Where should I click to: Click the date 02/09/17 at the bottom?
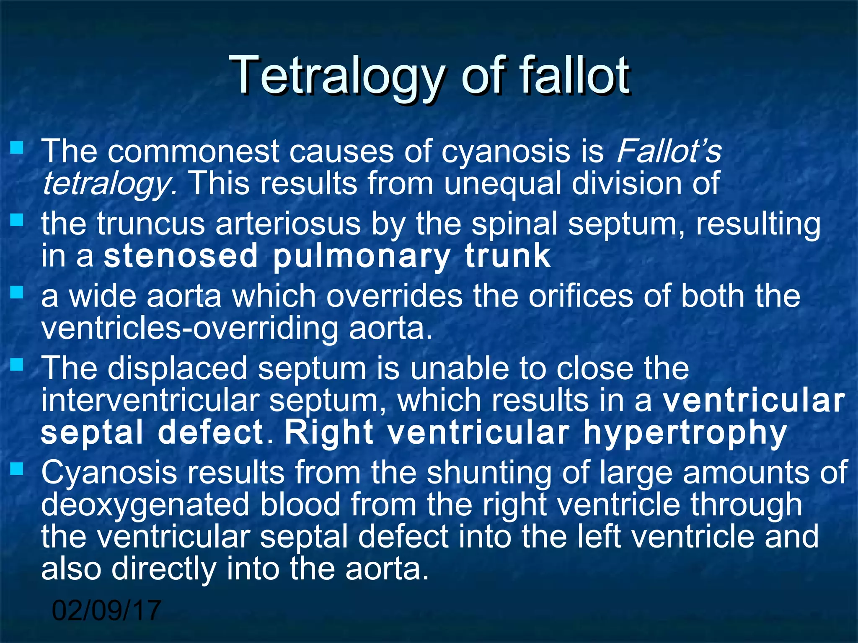[106, 610]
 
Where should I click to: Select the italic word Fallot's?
[669, 151]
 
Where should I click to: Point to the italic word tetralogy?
[110, 184]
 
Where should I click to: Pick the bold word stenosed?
[181, 256]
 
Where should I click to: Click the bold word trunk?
[507, 256]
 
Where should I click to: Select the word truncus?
[150, 224]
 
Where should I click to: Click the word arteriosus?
[288, 224]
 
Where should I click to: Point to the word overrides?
[394, 296]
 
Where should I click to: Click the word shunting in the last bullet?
[488, 473]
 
